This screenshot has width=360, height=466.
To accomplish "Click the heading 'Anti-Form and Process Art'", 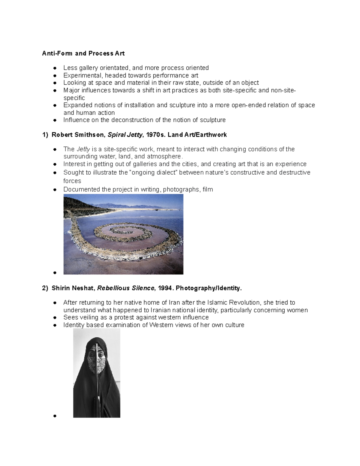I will [83, 53].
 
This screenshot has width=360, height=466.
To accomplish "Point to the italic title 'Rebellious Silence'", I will [126, 288].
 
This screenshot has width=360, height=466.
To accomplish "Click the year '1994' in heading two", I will [165, 288].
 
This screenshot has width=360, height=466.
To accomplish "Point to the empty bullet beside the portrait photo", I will [55, 416].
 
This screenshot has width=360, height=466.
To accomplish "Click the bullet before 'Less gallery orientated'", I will [55, 68].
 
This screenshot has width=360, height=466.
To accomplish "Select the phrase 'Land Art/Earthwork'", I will [197, 135].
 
